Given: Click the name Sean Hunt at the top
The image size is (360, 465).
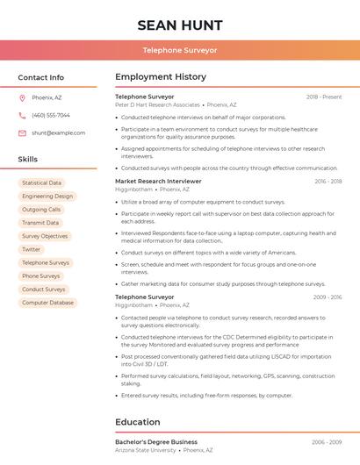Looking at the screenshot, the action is coord(180,25).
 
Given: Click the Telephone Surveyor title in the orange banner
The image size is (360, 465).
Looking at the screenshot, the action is coord(180,50).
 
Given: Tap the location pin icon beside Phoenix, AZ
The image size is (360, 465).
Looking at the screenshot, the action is coord(22,97).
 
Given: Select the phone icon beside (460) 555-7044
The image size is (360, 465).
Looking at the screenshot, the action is coord(22,115).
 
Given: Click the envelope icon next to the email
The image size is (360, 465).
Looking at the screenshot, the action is coord(22,132).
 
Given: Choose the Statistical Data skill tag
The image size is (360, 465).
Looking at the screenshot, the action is coord(41,183).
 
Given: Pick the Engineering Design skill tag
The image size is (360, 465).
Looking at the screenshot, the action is coord(47,197).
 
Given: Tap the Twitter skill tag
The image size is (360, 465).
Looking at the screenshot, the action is coord(31,249).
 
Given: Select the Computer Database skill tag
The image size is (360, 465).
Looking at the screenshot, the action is coord(47,303).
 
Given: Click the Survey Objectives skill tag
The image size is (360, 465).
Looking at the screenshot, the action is coord(44,236).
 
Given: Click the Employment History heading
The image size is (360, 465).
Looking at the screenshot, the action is coord(160,77).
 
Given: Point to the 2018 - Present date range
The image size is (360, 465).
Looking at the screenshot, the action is coord(324,97).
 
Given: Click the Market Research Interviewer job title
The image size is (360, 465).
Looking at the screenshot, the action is coord(158,181).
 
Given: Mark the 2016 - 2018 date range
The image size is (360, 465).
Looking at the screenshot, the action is coord(328,181).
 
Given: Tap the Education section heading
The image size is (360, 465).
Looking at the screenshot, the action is coord(138,422).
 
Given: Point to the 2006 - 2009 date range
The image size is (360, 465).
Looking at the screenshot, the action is coord(327,442).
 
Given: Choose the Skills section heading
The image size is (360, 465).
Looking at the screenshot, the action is coord(28,159).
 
